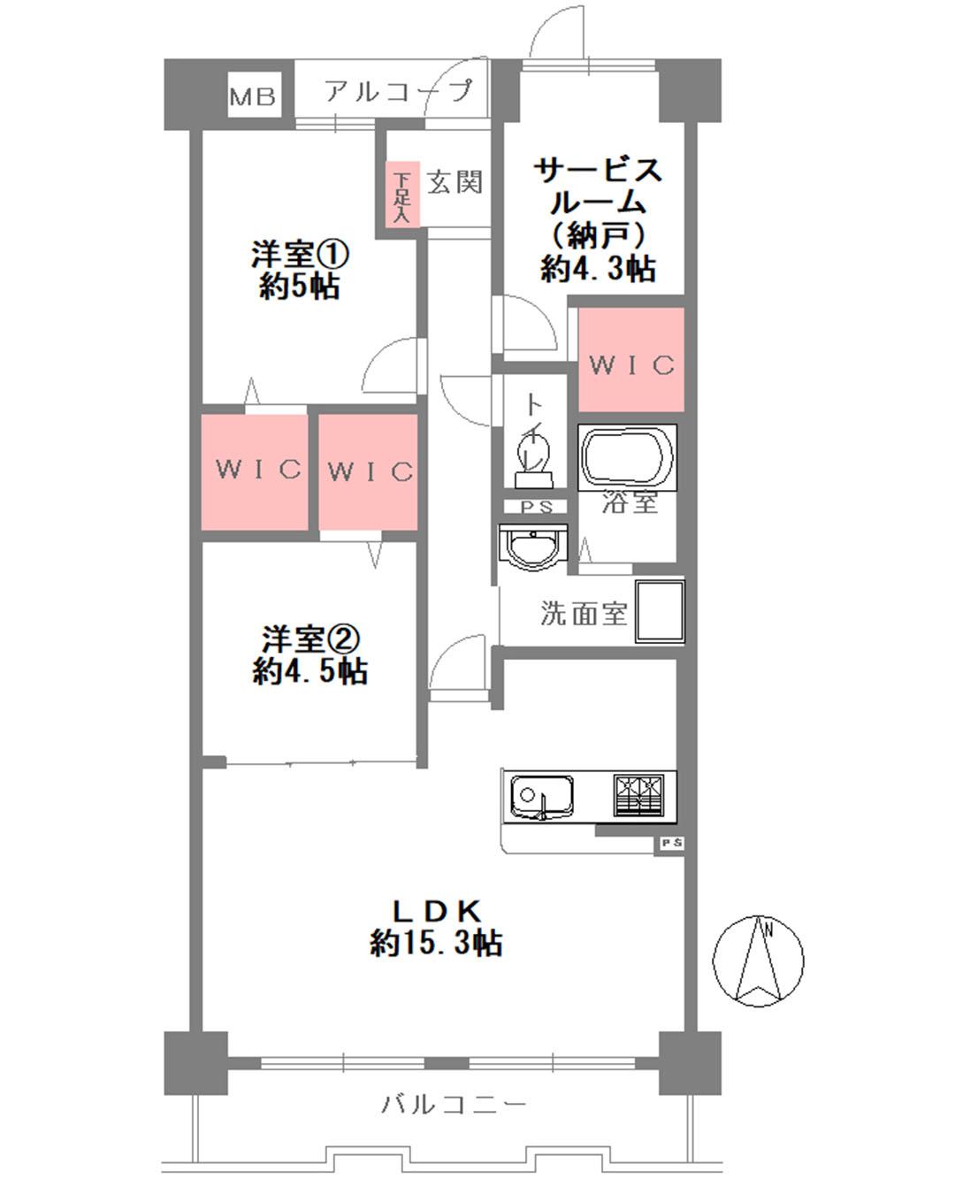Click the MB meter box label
pos(254,96)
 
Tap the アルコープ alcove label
pos(398,91)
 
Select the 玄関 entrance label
pos(455,182)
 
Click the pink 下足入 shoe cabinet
pos(402,195)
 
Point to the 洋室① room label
pos(299,256)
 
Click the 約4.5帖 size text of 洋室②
pos(309,671)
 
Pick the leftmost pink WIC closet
pos(256,470)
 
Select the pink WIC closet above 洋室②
pos(369,471)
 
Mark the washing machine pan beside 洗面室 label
pos(660,609)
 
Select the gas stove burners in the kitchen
pos(638,794)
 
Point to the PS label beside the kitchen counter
pos(670,844)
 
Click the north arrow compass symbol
pos(759,961)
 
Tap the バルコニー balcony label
pos(455,1105)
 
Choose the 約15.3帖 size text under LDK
pos(436,944)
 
